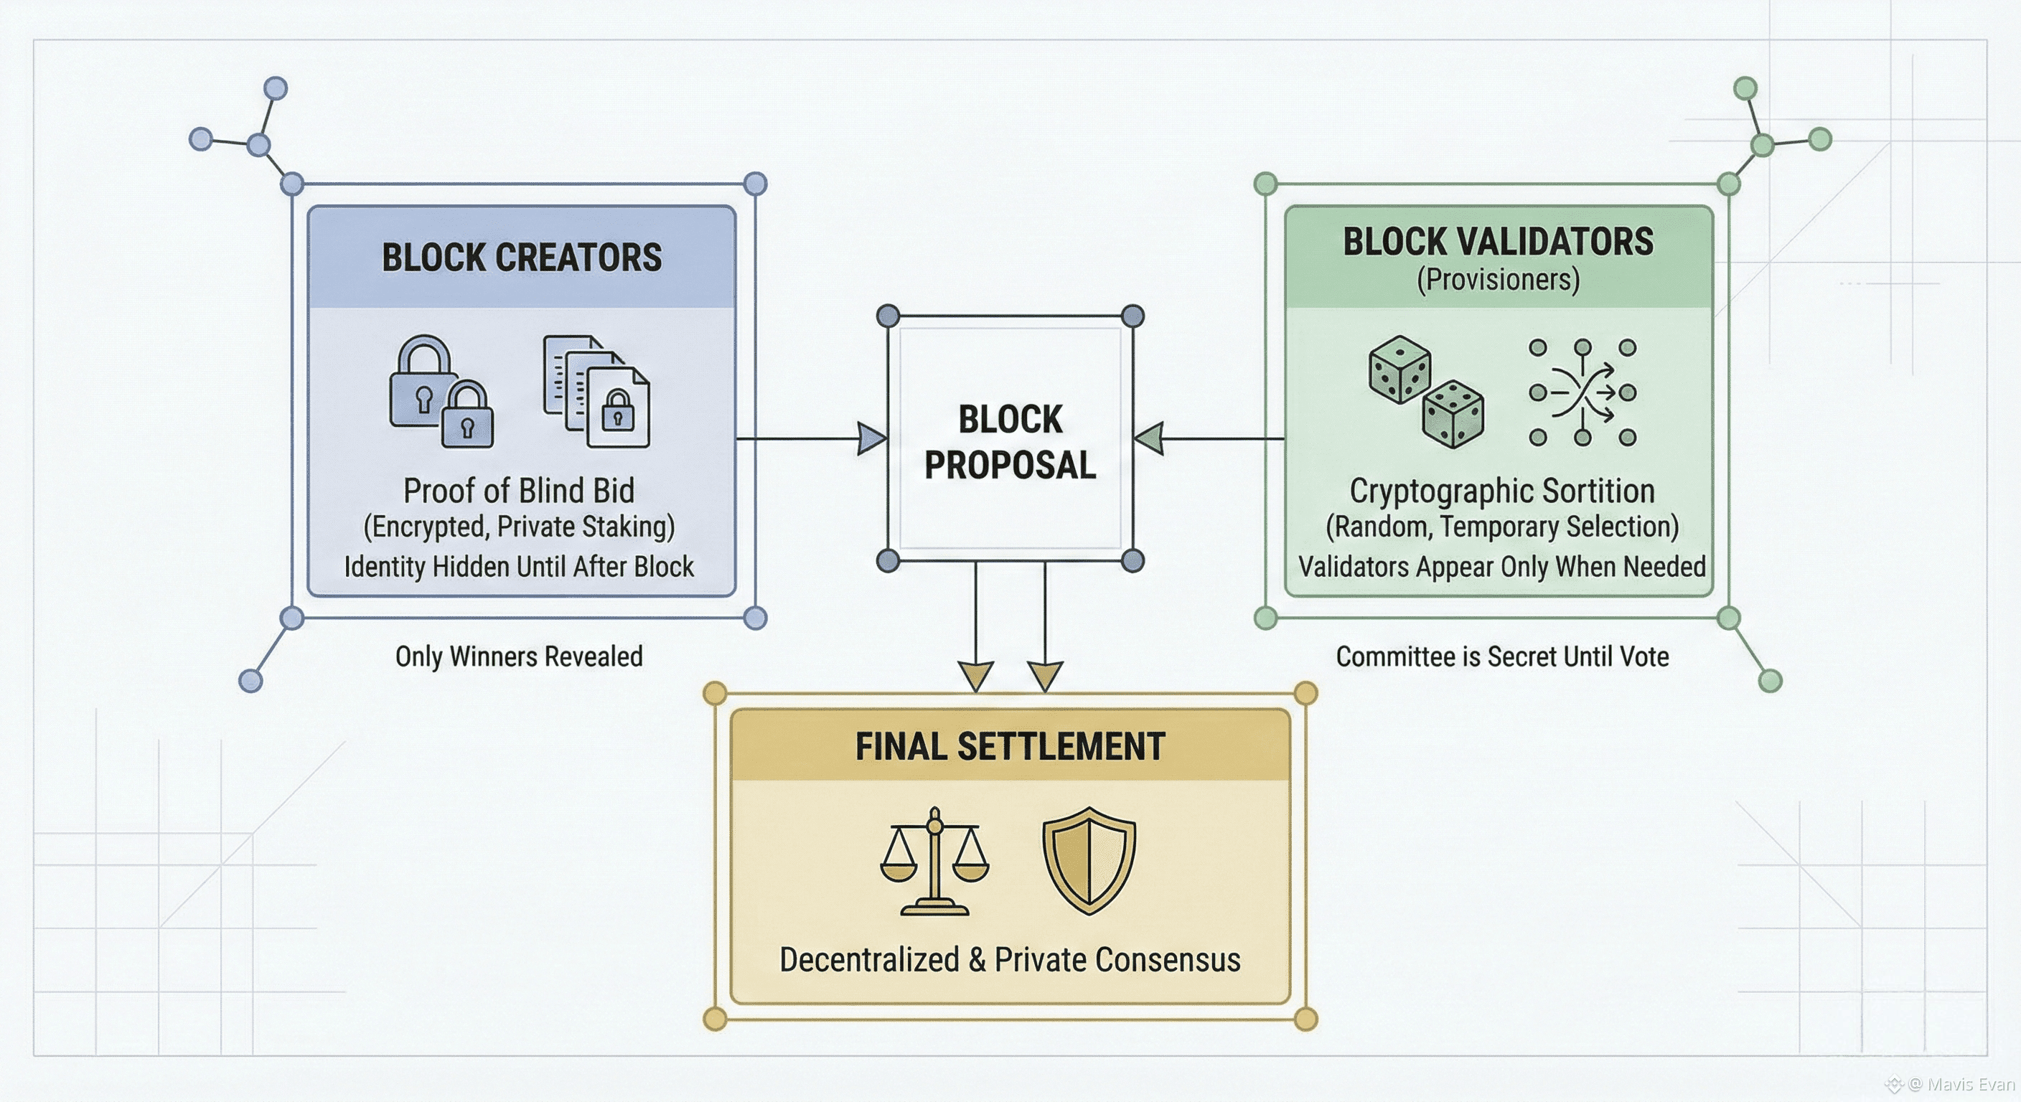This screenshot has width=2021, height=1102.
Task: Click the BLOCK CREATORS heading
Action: coord(522,258)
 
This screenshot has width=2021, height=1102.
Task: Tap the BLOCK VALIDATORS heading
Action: coord(1498,242)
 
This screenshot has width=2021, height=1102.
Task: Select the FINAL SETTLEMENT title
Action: coord(1010,746)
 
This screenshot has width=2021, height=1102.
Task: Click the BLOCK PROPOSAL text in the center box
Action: coord(1010,441)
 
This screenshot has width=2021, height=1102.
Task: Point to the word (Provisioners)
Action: coord(1498,280)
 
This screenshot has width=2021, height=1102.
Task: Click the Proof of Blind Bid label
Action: coord(519,491)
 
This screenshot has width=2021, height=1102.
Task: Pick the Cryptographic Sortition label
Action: coord(1501,491)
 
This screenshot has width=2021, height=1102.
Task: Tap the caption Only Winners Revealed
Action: coord(519,656)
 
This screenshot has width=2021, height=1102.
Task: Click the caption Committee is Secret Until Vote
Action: coord(1501,656)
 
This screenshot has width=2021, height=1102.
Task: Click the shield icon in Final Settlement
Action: coord(1089,860)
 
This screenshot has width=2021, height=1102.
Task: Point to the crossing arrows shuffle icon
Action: coord(1582,392)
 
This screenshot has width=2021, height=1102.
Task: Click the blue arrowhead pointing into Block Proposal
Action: coord(871,438)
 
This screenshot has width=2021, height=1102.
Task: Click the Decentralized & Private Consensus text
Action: coord(1010,960)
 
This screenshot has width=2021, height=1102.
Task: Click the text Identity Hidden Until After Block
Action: coord(519,566)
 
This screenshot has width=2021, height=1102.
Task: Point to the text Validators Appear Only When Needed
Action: coord(1501,566)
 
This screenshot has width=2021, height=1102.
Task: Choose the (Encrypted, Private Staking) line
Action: coord(519,527)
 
